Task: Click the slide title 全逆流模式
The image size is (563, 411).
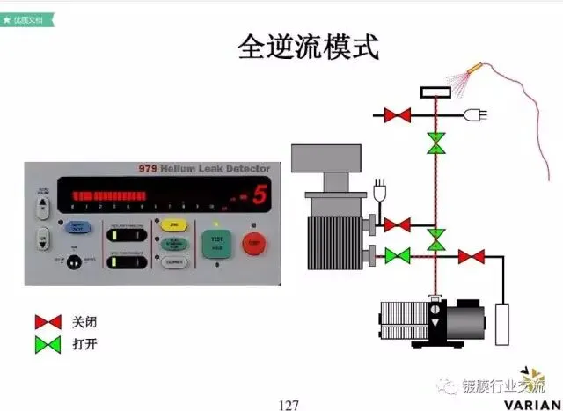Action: pyautogui.click(x=308, y=48)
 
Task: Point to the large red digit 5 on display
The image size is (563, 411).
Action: pyautogui.click(x=258, y=195)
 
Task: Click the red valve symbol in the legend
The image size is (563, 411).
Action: pyautogui.click(x=48, y=322)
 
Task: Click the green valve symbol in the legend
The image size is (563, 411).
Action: pyautogui.click(x=48, y=343)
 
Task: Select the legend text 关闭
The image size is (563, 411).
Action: pyautogui.click(x=84, y=322)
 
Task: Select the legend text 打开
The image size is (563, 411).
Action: pyautogui.click(x=84, y=343)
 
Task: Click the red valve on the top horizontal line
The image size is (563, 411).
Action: pyautogui.click(x=398, y=114)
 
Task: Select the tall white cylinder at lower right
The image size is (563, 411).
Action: pyautogui.click(x=504, y=324)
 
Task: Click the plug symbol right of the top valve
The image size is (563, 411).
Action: pyautogui.click(x=482, y=114)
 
